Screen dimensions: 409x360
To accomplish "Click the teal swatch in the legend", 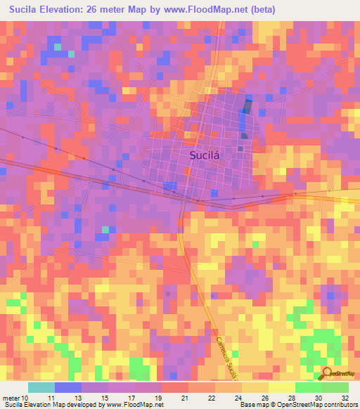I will point(41,387).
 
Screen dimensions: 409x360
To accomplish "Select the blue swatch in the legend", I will point(68,387).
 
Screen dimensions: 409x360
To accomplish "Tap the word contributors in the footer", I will point(335,405).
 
